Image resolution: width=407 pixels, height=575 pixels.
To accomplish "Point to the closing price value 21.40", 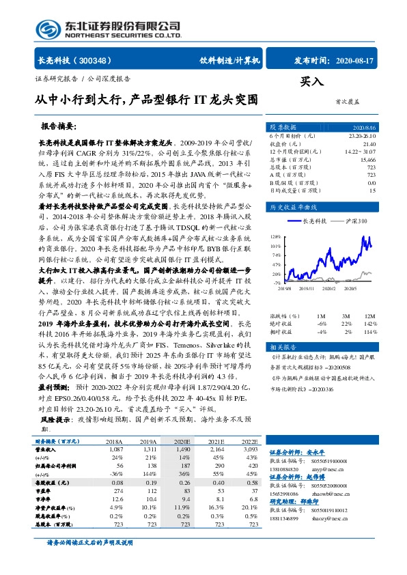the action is (x=369, y=144).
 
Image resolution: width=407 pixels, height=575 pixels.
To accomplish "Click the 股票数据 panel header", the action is (x=283, y=128).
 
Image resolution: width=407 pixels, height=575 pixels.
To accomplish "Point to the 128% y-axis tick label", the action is (x=275, y=235).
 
